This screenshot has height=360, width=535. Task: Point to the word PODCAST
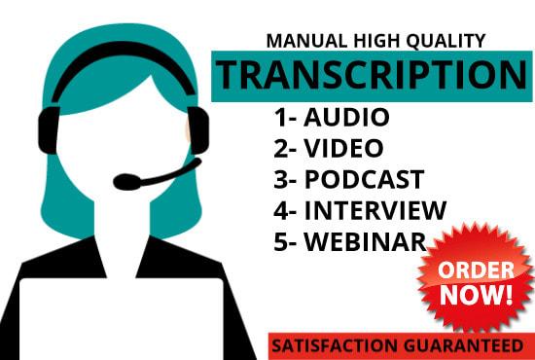tap(365, 179)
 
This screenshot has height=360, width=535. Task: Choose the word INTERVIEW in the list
tap(375, 209)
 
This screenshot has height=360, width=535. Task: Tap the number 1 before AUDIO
tap(279, 119)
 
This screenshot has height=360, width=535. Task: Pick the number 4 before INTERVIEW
tap(280, 209)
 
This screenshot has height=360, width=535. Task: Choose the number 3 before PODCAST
tap(280, 179)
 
